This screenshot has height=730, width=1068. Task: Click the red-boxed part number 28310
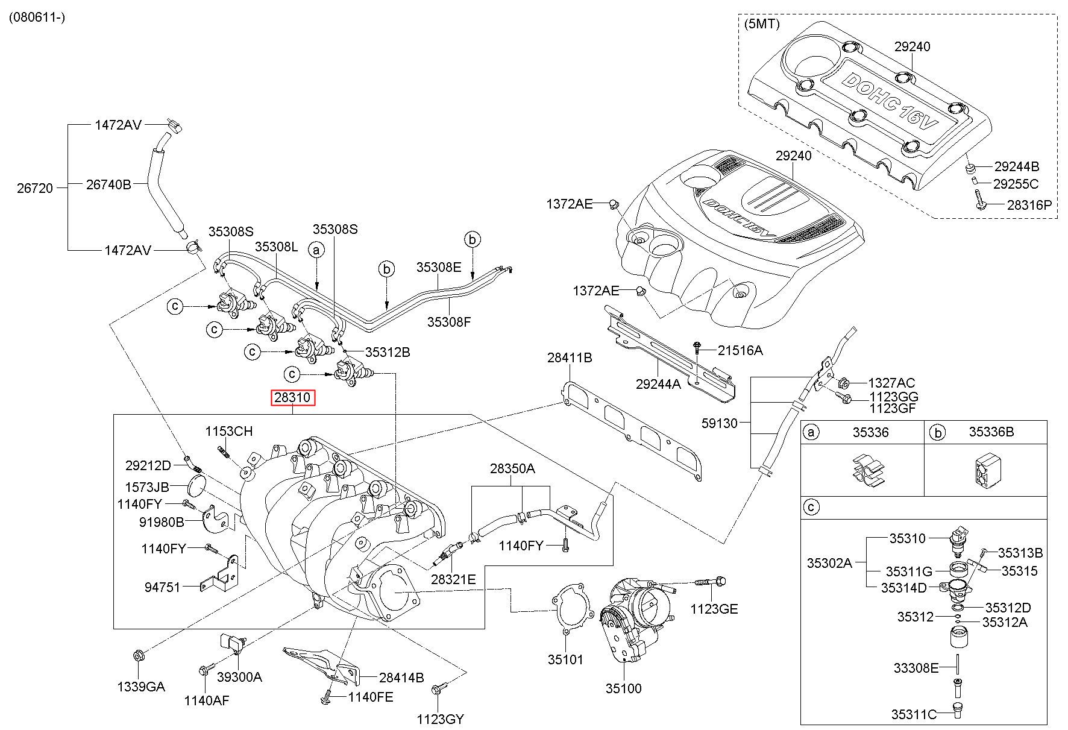pyautogui.click(x=292, y=398)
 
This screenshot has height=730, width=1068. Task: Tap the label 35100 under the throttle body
pyautogui.click(x=623, y=688)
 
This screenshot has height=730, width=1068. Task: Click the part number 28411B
pyautogui.click(x=570, y=357)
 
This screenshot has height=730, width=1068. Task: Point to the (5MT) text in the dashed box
pyautogui.click(x=762, y=25)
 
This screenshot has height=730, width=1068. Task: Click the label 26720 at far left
pyautogui.click(x=35, y=188)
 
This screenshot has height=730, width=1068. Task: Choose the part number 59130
pyautogui.click(x=720, y=423)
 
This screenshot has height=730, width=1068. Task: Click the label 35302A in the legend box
pyautogui.click(x=829, y=563)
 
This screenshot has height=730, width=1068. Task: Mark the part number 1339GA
pyautogui.click(x=140, y=687)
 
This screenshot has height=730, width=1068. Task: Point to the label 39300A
pyautogui.click(x=239, y=677)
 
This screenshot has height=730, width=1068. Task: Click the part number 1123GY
pyautogui.click(x=441, y=719)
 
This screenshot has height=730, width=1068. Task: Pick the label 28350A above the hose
pyautogui.click(x=512, y=468)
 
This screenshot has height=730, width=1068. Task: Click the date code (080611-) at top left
pyautogui.click(x=37, y=17)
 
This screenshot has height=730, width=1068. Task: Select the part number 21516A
pyautogui.click(x=740, y=350)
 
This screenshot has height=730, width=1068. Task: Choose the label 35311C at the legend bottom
pyautogui.click(x=914, y=715)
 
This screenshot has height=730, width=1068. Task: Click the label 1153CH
pyautogui.click(x=228, y=431)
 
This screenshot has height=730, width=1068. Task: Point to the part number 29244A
pyautogui.click(x=658, y=383)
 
